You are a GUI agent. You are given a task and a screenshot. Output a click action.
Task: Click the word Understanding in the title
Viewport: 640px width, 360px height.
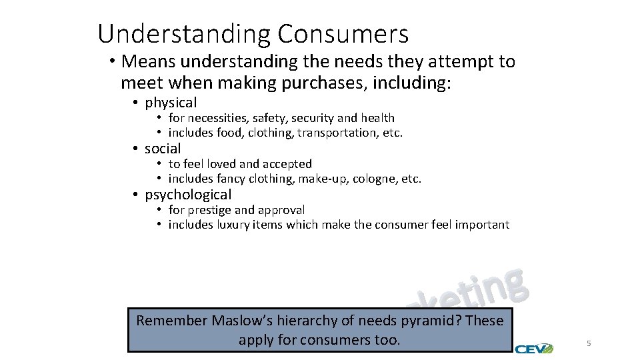pos(184,33)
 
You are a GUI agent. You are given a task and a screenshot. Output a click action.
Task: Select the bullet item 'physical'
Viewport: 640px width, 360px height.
pos(171,103)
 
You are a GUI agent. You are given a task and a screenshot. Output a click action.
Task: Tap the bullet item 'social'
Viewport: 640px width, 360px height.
pos(163,149)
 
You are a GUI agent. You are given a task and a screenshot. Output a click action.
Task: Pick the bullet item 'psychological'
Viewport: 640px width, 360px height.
pos(188,195)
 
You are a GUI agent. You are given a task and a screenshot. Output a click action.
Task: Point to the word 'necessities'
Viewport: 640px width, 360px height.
pos(217,118)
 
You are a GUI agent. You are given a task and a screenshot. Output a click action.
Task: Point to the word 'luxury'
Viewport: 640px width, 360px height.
pos(233,225)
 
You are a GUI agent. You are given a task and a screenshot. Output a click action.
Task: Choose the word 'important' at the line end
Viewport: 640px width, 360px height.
pos(482,225)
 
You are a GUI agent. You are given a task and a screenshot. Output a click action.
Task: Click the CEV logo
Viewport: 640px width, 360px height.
pos(534,347)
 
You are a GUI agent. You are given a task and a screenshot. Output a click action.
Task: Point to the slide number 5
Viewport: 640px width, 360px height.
pos(589,343)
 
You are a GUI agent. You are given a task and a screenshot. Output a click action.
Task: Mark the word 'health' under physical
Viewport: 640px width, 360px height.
pos(378,118)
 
